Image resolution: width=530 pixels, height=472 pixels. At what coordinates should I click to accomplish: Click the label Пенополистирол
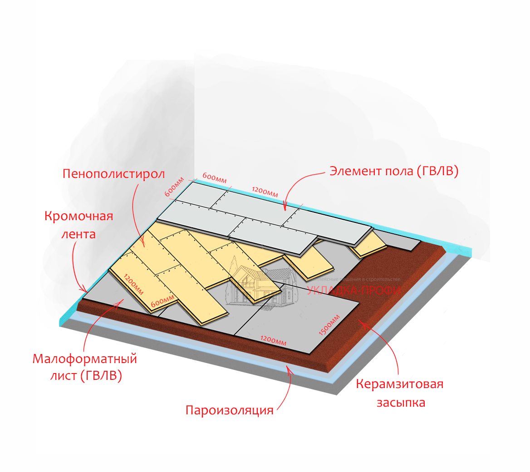tap(113, 174)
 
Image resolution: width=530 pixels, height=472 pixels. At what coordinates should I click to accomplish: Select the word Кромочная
tap(79, 216)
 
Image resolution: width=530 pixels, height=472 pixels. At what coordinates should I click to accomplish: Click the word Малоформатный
tap(85, 359)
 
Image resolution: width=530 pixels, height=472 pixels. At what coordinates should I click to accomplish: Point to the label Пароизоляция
tap(230, 410)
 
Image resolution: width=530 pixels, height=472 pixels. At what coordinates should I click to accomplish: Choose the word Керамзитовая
tap(399, 384)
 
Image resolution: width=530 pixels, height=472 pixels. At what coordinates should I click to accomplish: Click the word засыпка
tap(401, 403)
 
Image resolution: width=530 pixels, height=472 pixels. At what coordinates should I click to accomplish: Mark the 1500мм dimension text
tap(329, 325)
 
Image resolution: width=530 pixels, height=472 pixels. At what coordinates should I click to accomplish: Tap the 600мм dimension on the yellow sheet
tap(162, 301)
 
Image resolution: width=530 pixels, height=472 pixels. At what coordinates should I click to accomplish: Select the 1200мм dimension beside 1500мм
tap(273, 340)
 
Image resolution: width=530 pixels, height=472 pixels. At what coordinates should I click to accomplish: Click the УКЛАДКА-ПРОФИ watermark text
tap(354, 290)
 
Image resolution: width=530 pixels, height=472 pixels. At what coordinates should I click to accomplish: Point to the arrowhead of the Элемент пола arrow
tap(285, 209)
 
